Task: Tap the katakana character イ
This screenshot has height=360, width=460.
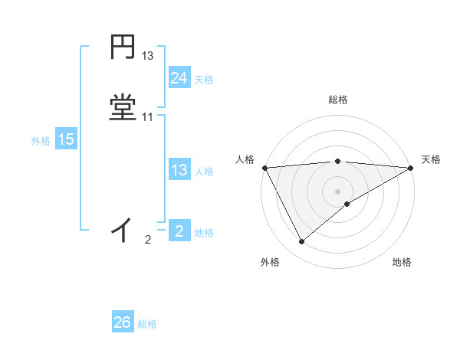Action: [x=123, y=229]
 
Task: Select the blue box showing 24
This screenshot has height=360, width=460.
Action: [x=179, y=78]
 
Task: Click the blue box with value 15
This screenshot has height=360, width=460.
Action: [x=66, y=139]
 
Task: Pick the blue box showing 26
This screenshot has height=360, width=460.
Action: [x=123, y=322]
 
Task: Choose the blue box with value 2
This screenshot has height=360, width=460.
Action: [x=179, y=231]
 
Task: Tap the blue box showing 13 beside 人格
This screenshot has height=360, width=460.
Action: [x=179, y=170]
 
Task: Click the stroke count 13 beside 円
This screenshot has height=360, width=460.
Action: [x=148, y=56]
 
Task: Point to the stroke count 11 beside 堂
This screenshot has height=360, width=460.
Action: [x=148, y=117]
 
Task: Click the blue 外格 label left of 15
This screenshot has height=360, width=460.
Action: [x=41, y=141]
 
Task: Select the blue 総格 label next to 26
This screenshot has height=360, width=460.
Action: [x=147, y=324]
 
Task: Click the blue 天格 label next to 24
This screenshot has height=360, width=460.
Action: [x=204, y=80]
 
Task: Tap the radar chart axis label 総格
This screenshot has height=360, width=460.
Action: [x=337, y=100]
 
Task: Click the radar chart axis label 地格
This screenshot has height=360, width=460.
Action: [x=402, y=263]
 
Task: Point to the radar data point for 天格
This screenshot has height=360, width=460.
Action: [x=411, y=167]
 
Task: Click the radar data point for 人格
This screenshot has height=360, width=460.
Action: [x=264, y=167]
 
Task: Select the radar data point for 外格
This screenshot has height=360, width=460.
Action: [x=302, y=242]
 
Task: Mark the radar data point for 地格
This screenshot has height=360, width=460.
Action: [x=347, y=204]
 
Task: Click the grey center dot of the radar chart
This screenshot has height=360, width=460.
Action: [x=337, y=191]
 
